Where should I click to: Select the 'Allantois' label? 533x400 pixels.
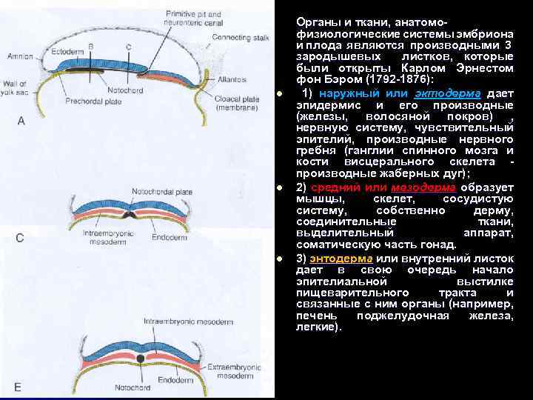pos(231,78)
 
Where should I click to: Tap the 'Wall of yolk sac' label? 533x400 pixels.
pos(13,87)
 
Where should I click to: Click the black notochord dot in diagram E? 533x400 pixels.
pos(141,359)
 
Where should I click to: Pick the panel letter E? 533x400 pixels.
pos(18,386)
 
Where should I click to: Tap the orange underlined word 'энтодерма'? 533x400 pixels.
pos(340,258)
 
